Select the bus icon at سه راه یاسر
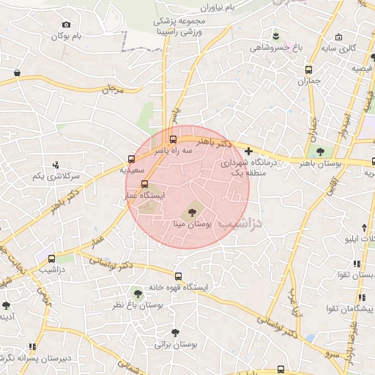[174, 138]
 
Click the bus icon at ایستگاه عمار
[144, 185]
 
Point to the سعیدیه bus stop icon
[132, 158]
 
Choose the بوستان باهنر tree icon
[320, 152]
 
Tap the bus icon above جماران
[308, 70]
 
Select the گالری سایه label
[341, 48]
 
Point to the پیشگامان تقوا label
[352, 310]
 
